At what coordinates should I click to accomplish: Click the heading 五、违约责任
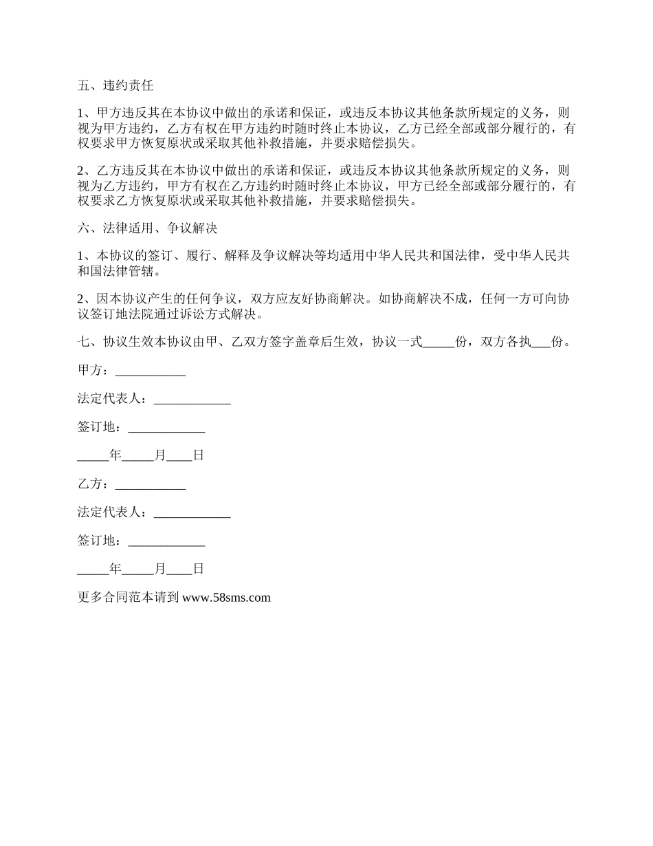click(x=115, y=86)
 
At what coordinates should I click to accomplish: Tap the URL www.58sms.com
click(x=227, y=598)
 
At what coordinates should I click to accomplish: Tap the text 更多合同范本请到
click(x=129, y=598)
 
